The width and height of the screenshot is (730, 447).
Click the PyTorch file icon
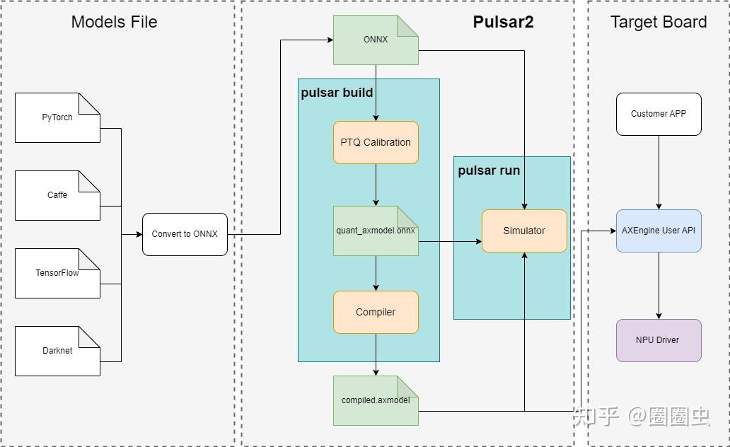coord(57,117)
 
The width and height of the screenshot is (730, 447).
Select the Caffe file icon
coord(57,195)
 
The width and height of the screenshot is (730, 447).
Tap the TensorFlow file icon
coord(57,273)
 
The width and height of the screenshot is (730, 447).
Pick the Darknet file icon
coord(57,351)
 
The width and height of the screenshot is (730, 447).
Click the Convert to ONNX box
coord(185,234)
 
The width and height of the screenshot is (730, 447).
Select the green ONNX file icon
coord(376,40)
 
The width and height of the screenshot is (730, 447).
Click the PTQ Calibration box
coord(376,142)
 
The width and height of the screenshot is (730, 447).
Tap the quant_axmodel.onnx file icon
coord(376,231)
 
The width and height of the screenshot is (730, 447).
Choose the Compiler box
coord(376,312)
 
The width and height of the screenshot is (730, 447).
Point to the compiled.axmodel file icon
coord(376,400)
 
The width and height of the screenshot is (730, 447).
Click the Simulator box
coord(524,231)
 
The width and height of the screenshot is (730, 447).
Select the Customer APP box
coord(659,114)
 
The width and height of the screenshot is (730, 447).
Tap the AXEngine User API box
coord(659,231)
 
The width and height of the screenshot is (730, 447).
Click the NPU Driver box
coord(659,340)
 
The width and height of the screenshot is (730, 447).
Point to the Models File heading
coord(114,22)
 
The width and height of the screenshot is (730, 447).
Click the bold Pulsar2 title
coord(503,22)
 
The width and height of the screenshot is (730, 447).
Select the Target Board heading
coord(659,22)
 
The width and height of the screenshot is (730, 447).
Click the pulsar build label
coord(337,93)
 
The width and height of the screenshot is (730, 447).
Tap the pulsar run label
coord(489,170)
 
